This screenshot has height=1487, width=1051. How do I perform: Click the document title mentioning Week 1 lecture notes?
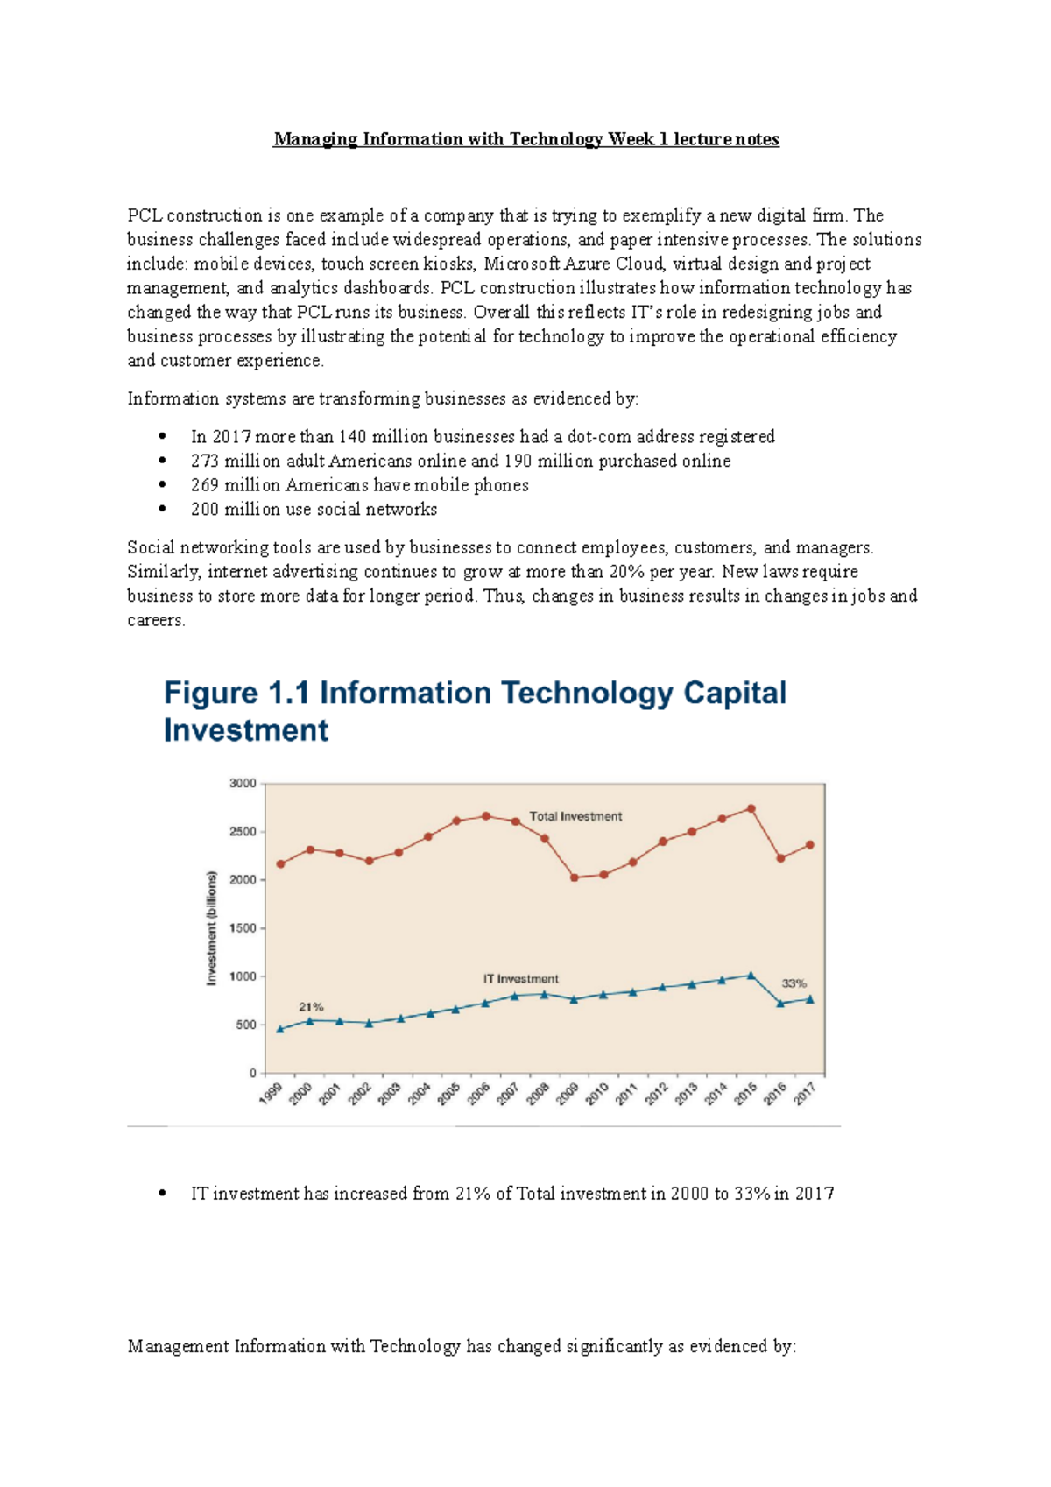click(525, 139)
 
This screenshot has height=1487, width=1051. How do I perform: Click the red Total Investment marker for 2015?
click(751, 809)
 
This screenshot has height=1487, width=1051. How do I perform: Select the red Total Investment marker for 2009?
click(575, 877)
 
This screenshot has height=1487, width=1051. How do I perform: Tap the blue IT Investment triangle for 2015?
click(751, 975)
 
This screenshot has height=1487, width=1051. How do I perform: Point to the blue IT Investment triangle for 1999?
click(280, 1029)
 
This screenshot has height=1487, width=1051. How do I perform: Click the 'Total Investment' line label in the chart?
click(575, 816)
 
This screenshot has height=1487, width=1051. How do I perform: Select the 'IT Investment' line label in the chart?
click(520, 979)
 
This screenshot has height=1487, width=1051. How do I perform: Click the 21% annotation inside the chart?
click(311, 1007)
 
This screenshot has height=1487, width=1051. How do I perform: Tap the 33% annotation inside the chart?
click(794, 983)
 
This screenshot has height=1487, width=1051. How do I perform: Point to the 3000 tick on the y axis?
click(243, 784)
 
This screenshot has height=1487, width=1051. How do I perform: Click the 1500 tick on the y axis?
click(243, 928)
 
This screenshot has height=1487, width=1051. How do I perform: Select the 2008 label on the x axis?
click(537, 1094)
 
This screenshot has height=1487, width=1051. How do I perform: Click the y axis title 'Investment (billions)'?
click(211, 927)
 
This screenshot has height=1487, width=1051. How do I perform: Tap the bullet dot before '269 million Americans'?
click(162, 484)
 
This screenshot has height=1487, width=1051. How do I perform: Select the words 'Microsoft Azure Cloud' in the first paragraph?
click(575, 264)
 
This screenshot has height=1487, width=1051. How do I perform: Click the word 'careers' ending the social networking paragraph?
click(154, 620)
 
